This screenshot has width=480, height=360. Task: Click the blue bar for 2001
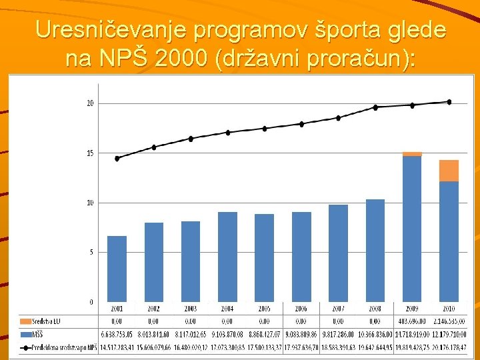point(117,269)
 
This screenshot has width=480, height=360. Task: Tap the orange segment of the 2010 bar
point(449,171)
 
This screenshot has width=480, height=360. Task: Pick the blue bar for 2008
point(375,250)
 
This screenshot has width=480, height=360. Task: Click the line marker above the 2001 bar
point(117,158)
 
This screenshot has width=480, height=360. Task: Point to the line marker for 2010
point(449,102)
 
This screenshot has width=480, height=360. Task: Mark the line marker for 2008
point(375,107)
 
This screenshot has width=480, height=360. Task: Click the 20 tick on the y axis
point(90,103)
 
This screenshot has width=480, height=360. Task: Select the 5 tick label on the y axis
point(90,252)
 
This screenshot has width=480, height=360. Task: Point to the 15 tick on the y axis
point(90,153)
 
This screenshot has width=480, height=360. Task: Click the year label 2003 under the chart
point(191,309)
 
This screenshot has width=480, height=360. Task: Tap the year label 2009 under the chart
point(412,309)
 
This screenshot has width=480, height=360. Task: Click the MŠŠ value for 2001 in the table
point(117,333)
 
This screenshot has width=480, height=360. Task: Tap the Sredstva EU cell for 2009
point(412,321)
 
